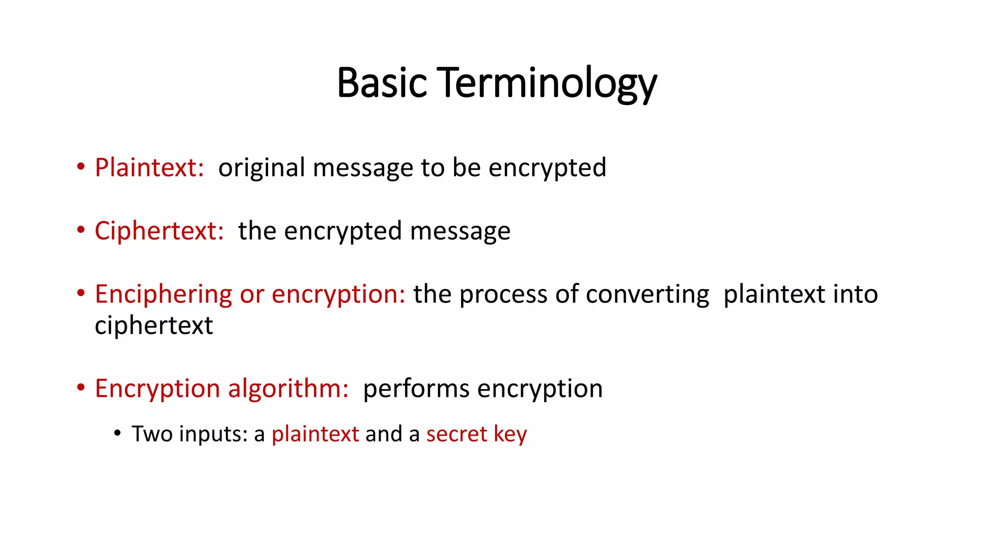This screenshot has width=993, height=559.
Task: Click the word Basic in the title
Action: (x=382, y=82)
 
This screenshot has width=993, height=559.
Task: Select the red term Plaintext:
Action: (x=149, y=168)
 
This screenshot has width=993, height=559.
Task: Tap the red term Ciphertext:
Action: (x=159, y=231)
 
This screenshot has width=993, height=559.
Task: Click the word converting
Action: (x=647, y=295)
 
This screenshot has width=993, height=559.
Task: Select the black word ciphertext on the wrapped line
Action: (x=154, y=326)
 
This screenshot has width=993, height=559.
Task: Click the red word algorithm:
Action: (x=288, y=389)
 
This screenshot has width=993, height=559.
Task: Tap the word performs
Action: (x=416, y=389)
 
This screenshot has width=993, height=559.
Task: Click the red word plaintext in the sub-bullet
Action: (x=315, y=434)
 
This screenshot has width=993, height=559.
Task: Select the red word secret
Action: (x=456, y=434)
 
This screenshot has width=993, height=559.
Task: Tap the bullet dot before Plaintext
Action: (x=81, y=167)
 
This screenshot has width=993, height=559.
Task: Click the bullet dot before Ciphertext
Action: (x=81, y=230)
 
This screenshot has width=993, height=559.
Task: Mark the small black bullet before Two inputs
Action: (x=117, y=432)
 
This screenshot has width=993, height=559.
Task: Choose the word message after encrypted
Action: (x=460, y=231)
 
